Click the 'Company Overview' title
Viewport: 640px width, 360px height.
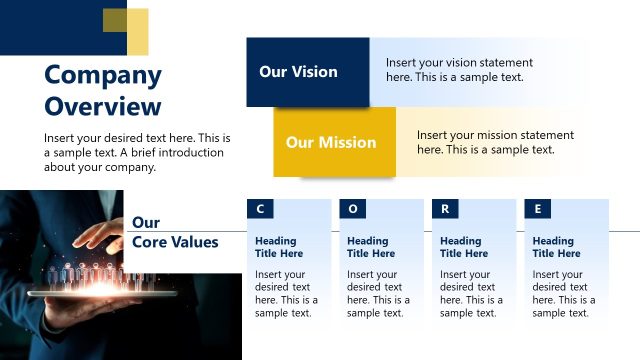[103, 90]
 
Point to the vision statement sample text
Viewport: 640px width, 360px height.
[459, 69]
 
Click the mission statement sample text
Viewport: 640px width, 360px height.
[495, 142]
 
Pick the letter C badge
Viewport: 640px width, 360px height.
[260, 209]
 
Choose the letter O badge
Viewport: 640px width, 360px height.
[352, 209]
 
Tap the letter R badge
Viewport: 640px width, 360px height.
[445, 209]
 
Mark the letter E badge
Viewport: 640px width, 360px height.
[538, 209]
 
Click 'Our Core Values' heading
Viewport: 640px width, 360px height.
[175, 232]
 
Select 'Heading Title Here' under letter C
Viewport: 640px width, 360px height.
[279, 247]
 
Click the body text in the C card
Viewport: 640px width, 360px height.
[286, 293]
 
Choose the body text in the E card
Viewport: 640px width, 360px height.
[563, 293]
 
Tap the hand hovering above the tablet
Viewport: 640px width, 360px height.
[100, 237]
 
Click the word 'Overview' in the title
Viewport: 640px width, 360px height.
[103, 107]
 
